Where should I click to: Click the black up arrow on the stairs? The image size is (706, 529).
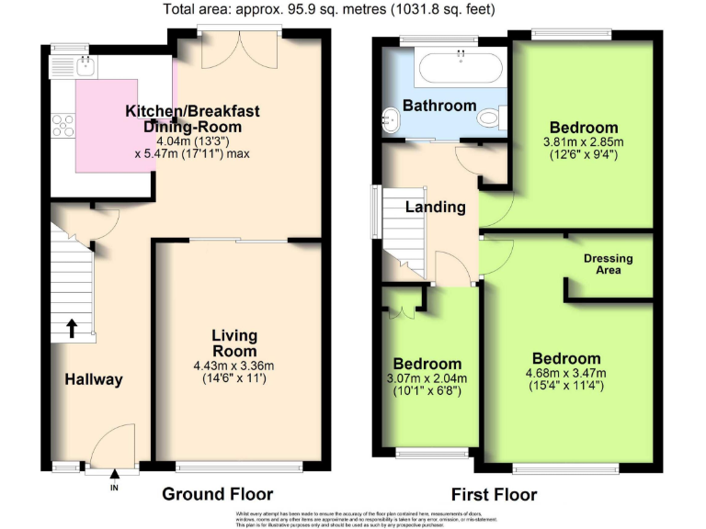click(71, 327)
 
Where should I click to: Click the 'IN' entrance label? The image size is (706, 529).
click(115, 489)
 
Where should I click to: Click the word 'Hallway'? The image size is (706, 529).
click(93, 379)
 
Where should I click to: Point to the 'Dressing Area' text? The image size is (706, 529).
click(609, 264)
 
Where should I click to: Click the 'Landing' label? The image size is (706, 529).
click(436, 207)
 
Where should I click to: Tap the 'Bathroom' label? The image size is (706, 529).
click(439, 105)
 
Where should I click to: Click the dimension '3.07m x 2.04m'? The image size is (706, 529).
click(427, 378)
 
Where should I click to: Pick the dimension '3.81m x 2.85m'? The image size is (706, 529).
click(583, 142)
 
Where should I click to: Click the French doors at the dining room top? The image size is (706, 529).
click(239, 50)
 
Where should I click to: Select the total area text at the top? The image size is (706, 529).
click(329, 10)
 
